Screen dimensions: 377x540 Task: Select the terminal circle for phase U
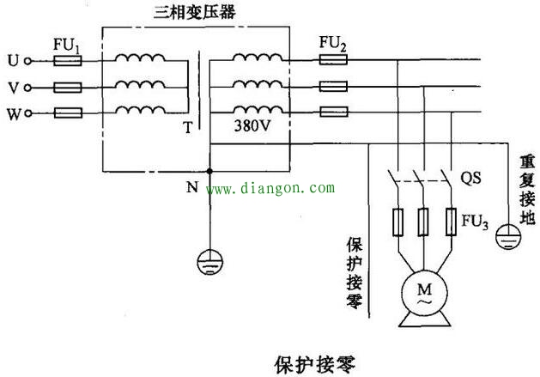(27, 62)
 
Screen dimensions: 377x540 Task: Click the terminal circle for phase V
(27, 88)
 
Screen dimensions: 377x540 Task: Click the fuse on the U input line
(67, 62)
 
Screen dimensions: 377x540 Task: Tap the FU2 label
(333, 42)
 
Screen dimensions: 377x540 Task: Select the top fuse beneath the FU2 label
(332, 61)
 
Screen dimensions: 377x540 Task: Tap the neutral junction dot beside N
(209, 172)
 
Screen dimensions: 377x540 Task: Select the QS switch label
(470, 179)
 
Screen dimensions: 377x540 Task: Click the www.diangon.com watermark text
(270, 187)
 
